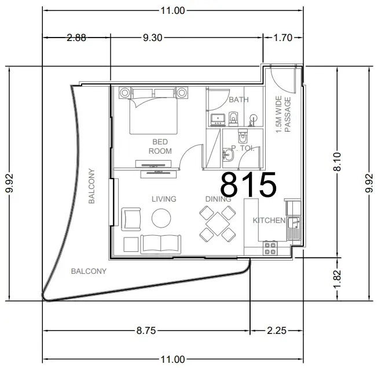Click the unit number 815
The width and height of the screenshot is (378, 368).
(248, 184)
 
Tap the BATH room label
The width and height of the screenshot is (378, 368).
(238, 99)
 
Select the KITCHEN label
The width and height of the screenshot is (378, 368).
(269, 220)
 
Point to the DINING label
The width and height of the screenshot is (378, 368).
(218, 199)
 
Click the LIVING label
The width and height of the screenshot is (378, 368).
(164, 199)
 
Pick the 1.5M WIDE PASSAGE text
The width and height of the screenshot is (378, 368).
(283, 114)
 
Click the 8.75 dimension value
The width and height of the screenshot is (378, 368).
(146, 330)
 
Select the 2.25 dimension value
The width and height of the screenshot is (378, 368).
(277, 330)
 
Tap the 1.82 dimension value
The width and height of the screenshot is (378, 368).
(337, 279)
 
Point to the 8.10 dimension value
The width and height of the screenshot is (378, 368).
(337, 162)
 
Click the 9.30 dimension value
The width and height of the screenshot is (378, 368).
(153, 38)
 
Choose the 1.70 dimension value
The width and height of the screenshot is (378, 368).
(283, 38)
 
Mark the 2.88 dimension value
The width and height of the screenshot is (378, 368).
(76, 38)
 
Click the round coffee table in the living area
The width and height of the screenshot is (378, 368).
(162, 218)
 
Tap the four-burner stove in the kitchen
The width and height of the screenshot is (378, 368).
(270, 248)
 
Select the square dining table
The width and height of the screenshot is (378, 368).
(218, 224)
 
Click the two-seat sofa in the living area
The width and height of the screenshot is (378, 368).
(160, 244)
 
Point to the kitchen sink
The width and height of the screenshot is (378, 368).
(294, 229)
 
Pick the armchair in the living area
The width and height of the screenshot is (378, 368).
(131, 219)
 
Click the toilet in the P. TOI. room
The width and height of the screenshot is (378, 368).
(243, 136)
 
